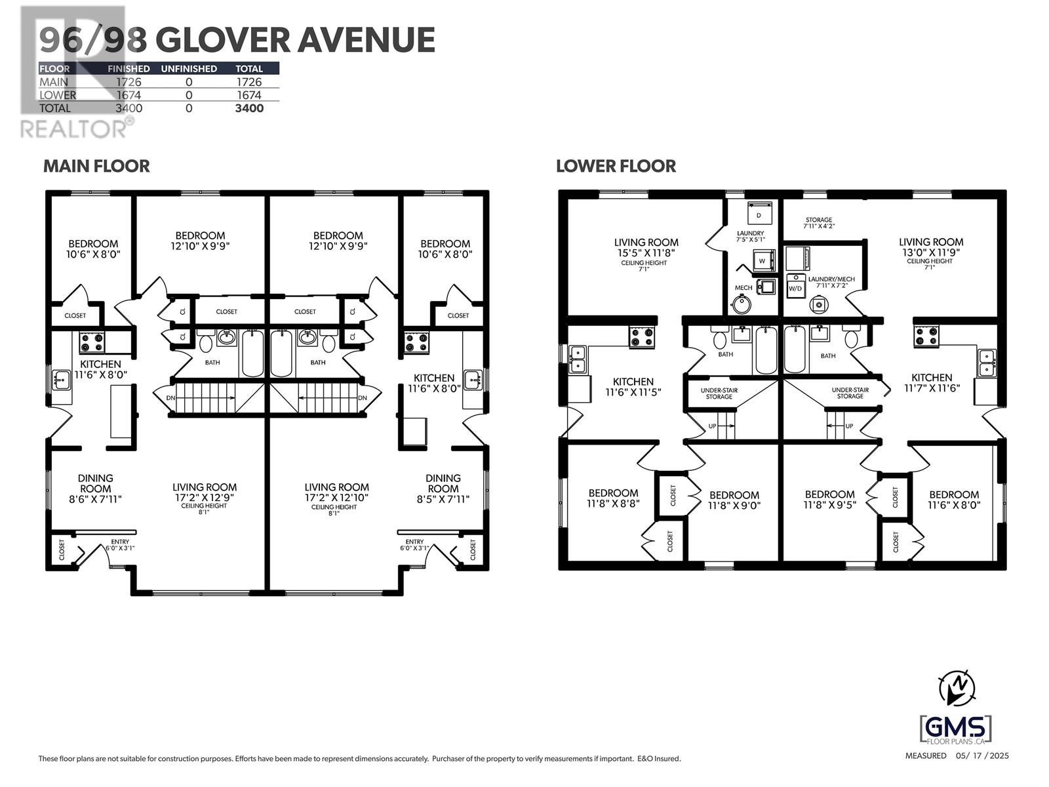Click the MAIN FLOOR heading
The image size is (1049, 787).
coord(96,167)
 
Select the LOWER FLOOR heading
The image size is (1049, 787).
coord(616,167)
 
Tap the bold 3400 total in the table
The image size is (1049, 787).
coord(249,108)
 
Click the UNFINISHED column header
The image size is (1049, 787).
coord(189,69)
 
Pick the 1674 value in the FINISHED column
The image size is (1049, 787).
coord(129,95)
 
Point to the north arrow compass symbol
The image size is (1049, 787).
coord(957,687)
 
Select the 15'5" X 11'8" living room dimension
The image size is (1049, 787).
coord(646,253)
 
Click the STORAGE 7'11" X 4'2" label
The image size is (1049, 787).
coord(819,223)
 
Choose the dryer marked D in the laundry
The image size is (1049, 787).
coord(759,214)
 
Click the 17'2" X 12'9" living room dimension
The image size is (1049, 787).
coord(204,497)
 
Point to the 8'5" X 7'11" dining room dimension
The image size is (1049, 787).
coord(443,499)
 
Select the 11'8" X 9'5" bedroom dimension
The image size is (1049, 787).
coord(829,504)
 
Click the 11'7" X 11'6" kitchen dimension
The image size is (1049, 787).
coord(932,388)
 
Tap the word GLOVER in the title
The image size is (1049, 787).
coord(223,39)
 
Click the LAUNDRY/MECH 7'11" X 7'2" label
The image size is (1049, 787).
coord(831,282)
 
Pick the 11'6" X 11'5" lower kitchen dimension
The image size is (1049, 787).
coord(633,392)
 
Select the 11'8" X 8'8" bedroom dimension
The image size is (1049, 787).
coord(613,503)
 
